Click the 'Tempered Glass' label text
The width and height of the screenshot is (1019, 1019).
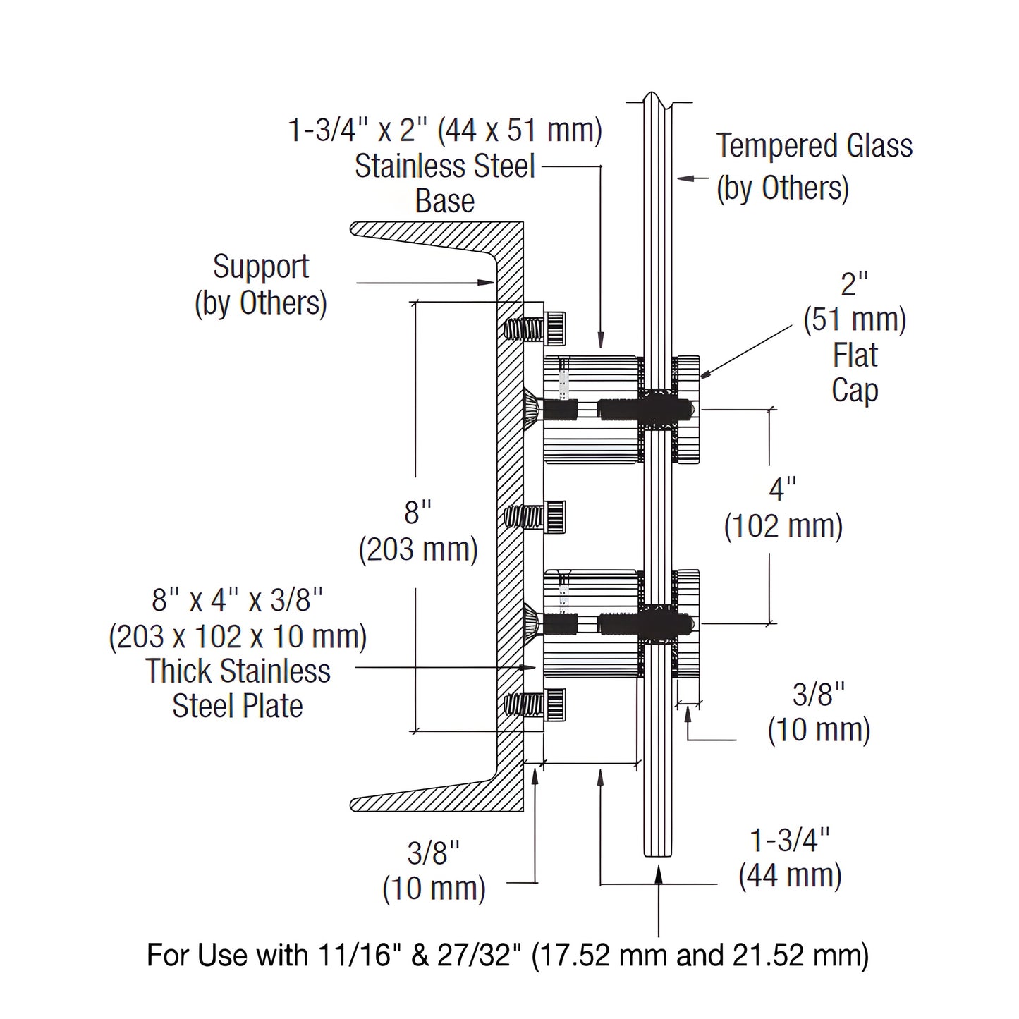coord(814,146)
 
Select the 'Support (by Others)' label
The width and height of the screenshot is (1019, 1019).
coord(261,285)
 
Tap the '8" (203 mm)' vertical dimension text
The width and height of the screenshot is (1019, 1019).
coord(417,531)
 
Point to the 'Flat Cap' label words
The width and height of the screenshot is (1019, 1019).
coord(855,372)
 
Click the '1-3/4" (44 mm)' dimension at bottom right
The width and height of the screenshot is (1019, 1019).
coord(790,858)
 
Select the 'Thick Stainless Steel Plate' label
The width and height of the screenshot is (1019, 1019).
coord(238,688)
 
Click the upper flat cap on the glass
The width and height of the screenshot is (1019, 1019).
coord(687,410)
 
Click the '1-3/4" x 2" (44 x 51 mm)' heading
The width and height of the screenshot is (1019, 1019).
coord(445,130)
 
